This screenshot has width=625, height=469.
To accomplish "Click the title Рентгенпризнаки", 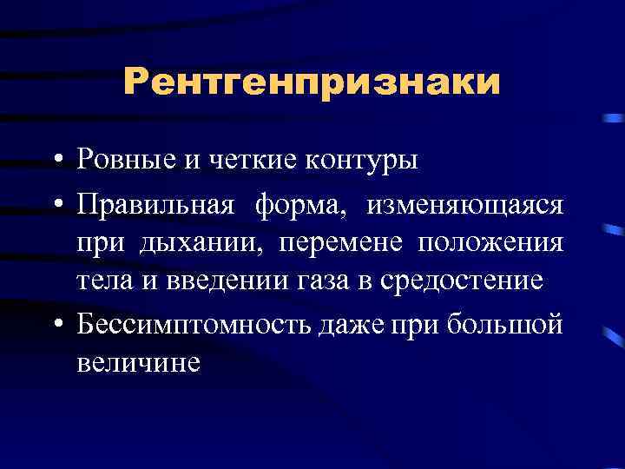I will coord(312,83).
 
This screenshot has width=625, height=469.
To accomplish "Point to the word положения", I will coord(490,242).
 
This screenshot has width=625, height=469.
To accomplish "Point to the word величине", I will coord(138,360).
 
